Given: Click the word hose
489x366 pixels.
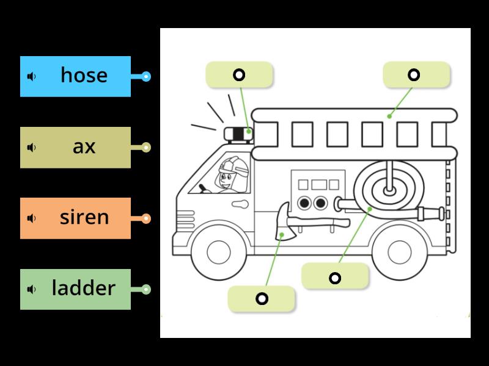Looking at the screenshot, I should point(84,75).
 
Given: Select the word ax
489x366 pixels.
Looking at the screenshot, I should point(84,146).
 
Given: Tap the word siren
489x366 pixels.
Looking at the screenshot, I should point(84,217).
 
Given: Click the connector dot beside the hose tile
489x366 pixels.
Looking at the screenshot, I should point(145,76).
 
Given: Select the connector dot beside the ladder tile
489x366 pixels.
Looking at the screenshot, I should point(145,289).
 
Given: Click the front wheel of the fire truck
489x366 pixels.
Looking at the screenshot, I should point(218,251).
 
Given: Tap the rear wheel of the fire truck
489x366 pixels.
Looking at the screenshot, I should point(399,251).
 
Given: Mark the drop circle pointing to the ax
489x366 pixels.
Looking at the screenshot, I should point(262,299).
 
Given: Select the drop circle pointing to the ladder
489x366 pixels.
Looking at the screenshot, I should point(414,75).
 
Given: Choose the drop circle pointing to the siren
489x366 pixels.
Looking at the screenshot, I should point(239,75).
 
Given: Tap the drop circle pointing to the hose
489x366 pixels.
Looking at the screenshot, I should point(335,278).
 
